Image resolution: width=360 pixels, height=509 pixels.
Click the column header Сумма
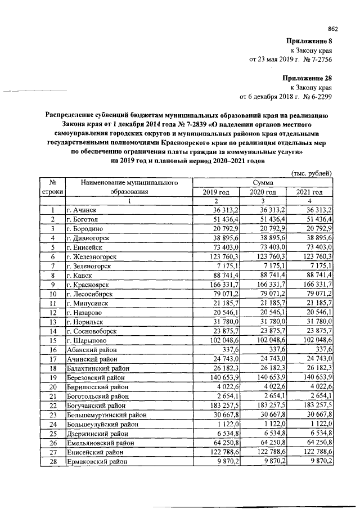[263, 183]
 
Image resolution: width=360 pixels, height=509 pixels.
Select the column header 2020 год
[263, 192]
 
